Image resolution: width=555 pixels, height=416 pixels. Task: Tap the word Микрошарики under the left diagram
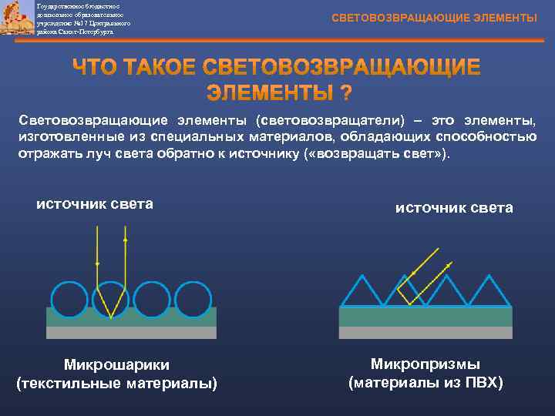click(116, 364)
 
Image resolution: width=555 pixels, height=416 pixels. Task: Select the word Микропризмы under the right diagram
click(425, 363)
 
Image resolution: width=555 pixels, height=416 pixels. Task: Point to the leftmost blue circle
click(69, 299)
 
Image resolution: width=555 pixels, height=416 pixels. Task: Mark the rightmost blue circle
click(193, 299)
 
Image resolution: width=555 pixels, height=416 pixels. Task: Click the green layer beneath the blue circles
click(131, 317)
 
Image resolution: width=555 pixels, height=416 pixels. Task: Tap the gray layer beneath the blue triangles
click(425, 333)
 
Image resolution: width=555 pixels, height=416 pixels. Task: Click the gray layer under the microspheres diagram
click(131, 333)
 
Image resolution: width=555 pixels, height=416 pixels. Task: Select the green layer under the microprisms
click(425, 317)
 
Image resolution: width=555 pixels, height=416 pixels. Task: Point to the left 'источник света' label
click(95, 204)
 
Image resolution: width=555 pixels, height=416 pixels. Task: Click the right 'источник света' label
click(454, 208)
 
